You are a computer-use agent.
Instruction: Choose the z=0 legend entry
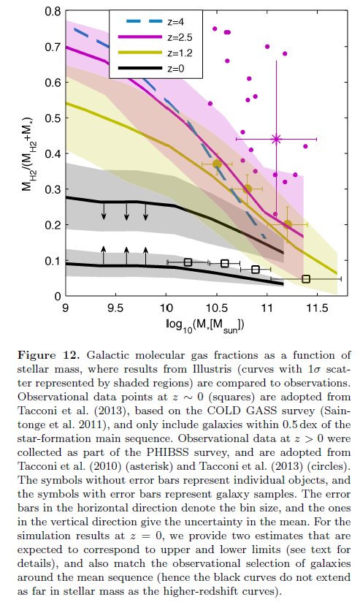151,69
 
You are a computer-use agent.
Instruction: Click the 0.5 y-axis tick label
53,118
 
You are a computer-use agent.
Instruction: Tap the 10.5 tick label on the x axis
217,308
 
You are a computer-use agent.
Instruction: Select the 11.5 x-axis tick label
317,308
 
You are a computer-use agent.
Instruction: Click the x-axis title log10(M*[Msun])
204,325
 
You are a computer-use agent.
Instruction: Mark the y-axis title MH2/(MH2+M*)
28,154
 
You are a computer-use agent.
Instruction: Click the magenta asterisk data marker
276,139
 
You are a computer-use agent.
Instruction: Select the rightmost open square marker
306,278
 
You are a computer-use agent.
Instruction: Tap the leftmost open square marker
188,262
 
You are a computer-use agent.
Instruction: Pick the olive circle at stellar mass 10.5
217,164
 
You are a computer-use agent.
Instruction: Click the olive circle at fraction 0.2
287,224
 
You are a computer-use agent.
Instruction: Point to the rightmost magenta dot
305,146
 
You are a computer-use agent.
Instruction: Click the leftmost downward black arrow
103,210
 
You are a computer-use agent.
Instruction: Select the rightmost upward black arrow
145,256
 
